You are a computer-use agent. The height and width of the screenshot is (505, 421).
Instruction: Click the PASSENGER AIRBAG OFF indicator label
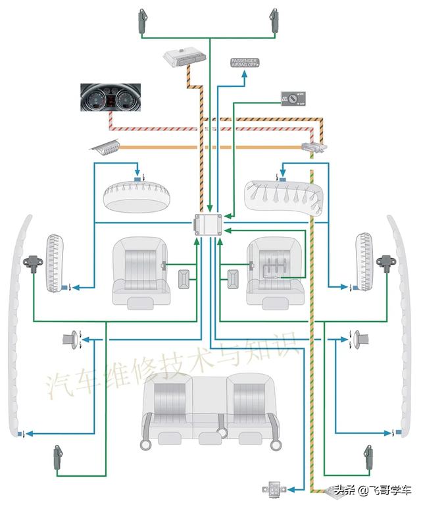[245, 63]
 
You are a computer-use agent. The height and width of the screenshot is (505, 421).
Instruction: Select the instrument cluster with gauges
[107, 97]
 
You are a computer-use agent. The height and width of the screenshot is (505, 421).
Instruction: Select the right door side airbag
[364, 261]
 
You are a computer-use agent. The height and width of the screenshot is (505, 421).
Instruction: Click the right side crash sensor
[384, 261]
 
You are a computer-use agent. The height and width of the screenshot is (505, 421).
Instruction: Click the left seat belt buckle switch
[186, 279]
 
